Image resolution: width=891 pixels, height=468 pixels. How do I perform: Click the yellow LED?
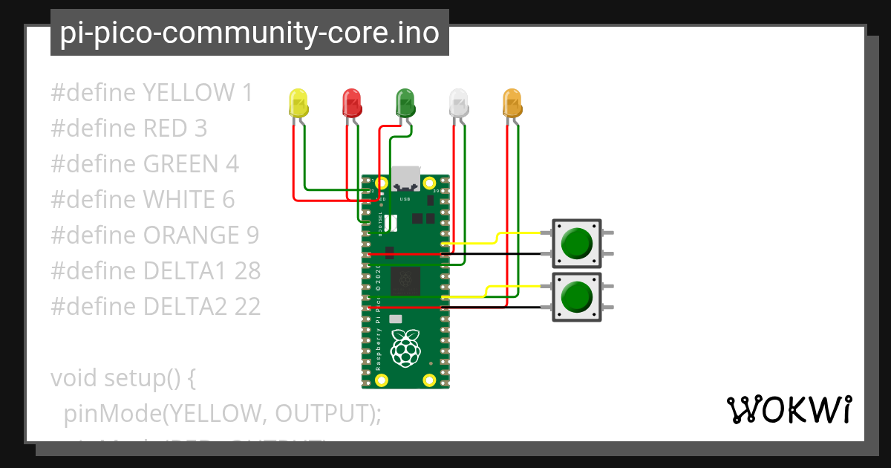tap(298, 103)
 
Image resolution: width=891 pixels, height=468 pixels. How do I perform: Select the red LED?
tap(351, 103)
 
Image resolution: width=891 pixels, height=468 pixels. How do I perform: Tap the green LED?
tap(405, 103)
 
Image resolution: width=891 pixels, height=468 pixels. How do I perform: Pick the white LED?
tap(459, 103)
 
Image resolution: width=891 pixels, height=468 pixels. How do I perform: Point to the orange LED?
tap(512, 103)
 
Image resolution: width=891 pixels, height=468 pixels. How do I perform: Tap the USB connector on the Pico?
tap(405, 178)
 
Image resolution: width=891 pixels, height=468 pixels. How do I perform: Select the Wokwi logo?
tap(789, 410)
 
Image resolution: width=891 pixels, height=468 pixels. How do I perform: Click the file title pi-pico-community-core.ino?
tap(249, 33)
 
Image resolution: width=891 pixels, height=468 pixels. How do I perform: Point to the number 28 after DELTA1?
tap(247, 271)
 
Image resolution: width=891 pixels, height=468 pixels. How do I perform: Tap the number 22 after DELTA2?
tap(247, 306)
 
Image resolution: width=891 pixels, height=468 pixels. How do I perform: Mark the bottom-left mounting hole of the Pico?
tap(381, 381)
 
